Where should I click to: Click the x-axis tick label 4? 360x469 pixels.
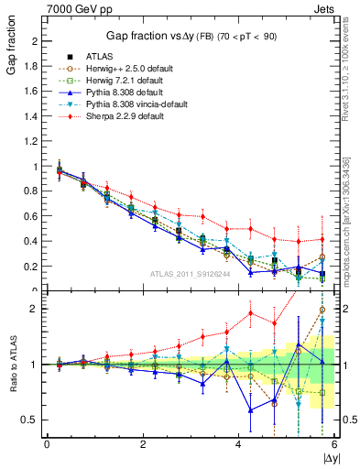238,445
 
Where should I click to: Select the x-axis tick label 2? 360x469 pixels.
143,445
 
